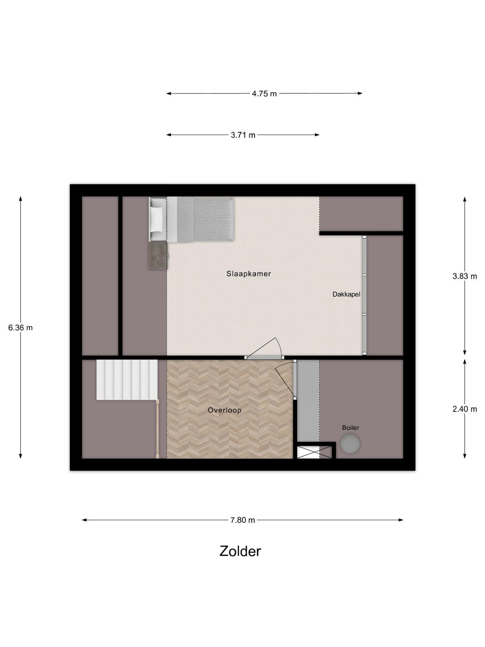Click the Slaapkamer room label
[x=249, y=273]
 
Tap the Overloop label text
[x=225, y=410]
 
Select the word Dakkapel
[x=346, y=294]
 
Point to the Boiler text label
[x=350, y=427]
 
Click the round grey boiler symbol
[x=350, y=444]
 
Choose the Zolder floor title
[x=240, y=552]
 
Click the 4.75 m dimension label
[x=264, y=94]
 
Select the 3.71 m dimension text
[x=243, y=135]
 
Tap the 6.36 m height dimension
[x=20, y=328]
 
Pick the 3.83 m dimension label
[x=465, y=276]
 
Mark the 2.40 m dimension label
[x=465, y=409]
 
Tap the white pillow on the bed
[x=157, y=219]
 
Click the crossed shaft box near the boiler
[x=308, y=452]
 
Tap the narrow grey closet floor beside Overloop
[x=308, y=401]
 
